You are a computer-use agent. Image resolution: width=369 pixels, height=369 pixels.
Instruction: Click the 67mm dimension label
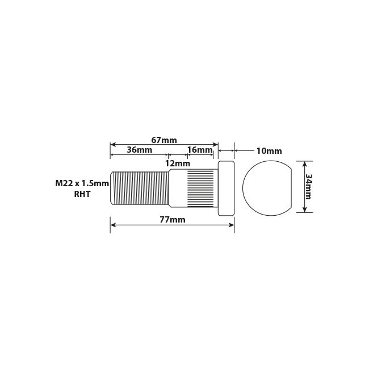coord(164,140)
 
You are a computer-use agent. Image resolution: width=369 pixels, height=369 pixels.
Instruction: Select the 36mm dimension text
coord(139,150)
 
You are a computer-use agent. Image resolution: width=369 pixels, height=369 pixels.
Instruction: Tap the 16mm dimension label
coord(199,150)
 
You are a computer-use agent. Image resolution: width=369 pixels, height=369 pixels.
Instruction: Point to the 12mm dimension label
coord(177,163)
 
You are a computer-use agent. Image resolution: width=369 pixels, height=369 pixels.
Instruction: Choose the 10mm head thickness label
coord(269,151)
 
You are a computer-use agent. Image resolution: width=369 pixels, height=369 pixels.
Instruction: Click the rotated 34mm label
coord(308,186)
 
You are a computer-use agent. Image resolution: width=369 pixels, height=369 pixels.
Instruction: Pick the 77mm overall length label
coord(173,220)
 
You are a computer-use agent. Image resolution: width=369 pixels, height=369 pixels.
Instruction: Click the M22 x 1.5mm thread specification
coord(82,183)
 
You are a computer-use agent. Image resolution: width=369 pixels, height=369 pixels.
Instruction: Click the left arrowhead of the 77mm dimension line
coord(113,225)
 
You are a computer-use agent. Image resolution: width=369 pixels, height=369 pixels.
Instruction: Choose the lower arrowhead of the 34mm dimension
coord(305,209)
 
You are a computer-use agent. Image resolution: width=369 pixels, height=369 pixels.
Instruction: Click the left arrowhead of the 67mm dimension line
coord(113,144)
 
